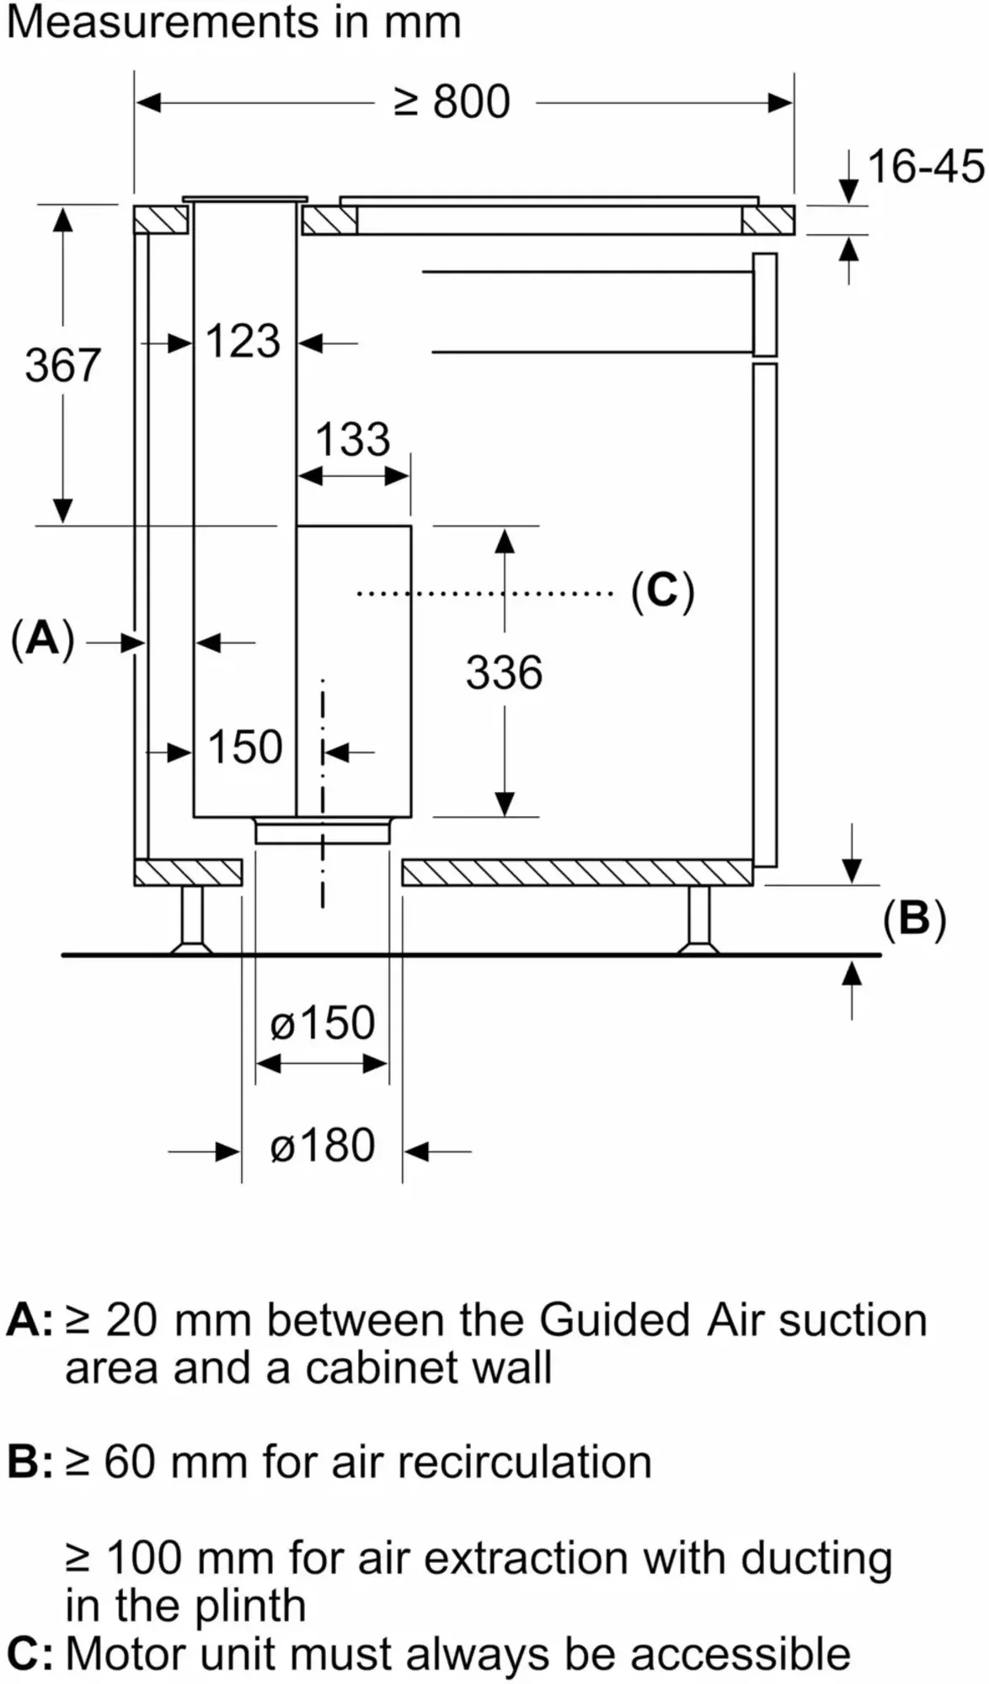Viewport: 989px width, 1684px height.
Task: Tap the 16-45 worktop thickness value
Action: point(925,166)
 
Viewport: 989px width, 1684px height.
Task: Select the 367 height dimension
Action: point(62,365)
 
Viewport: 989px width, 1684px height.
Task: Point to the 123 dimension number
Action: point(243,341)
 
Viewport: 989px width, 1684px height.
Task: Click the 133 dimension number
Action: point(353,439)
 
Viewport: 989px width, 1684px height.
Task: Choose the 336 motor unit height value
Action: point(504,672)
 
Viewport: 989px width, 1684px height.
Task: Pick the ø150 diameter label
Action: point(323,1023)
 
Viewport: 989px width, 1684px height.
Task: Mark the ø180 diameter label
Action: point(323,1146)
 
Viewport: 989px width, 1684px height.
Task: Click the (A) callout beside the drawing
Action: point(43,639)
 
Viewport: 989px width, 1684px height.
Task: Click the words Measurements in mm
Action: point(233,22)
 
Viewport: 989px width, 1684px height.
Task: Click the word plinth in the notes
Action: point(250,1607)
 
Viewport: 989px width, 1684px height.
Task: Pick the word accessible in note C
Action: point(740,1654)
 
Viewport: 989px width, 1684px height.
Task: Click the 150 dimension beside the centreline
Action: point(244,747)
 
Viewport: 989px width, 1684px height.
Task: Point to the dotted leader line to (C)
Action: point(484,594)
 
